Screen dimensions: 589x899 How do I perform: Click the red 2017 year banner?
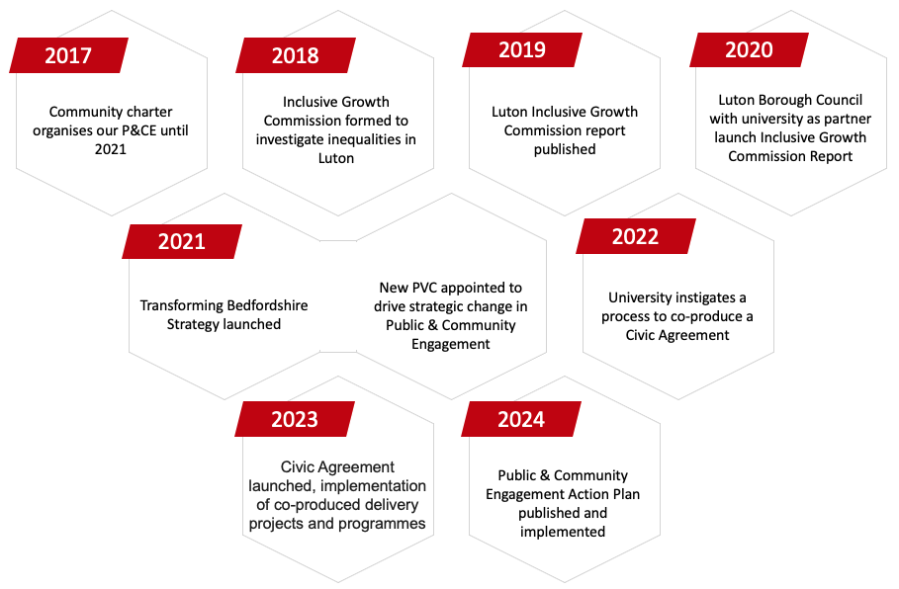(68, 55)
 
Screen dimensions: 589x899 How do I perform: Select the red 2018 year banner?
(295, 55)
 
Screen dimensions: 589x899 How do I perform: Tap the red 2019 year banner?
(521, 50)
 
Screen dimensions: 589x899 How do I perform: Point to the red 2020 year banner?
(749, 50)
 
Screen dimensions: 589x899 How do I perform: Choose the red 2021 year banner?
(181, 242)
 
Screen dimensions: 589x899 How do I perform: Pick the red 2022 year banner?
(635, 237)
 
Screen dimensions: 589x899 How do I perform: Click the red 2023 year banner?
(295, 419)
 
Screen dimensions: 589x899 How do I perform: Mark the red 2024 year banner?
(521, 419)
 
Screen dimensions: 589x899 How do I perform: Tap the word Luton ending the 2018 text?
(336, 158)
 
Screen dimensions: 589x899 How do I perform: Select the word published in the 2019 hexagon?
(565, 149)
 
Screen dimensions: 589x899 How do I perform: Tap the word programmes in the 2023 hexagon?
(386, 523)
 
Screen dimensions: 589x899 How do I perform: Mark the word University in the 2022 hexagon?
(642, 297)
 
